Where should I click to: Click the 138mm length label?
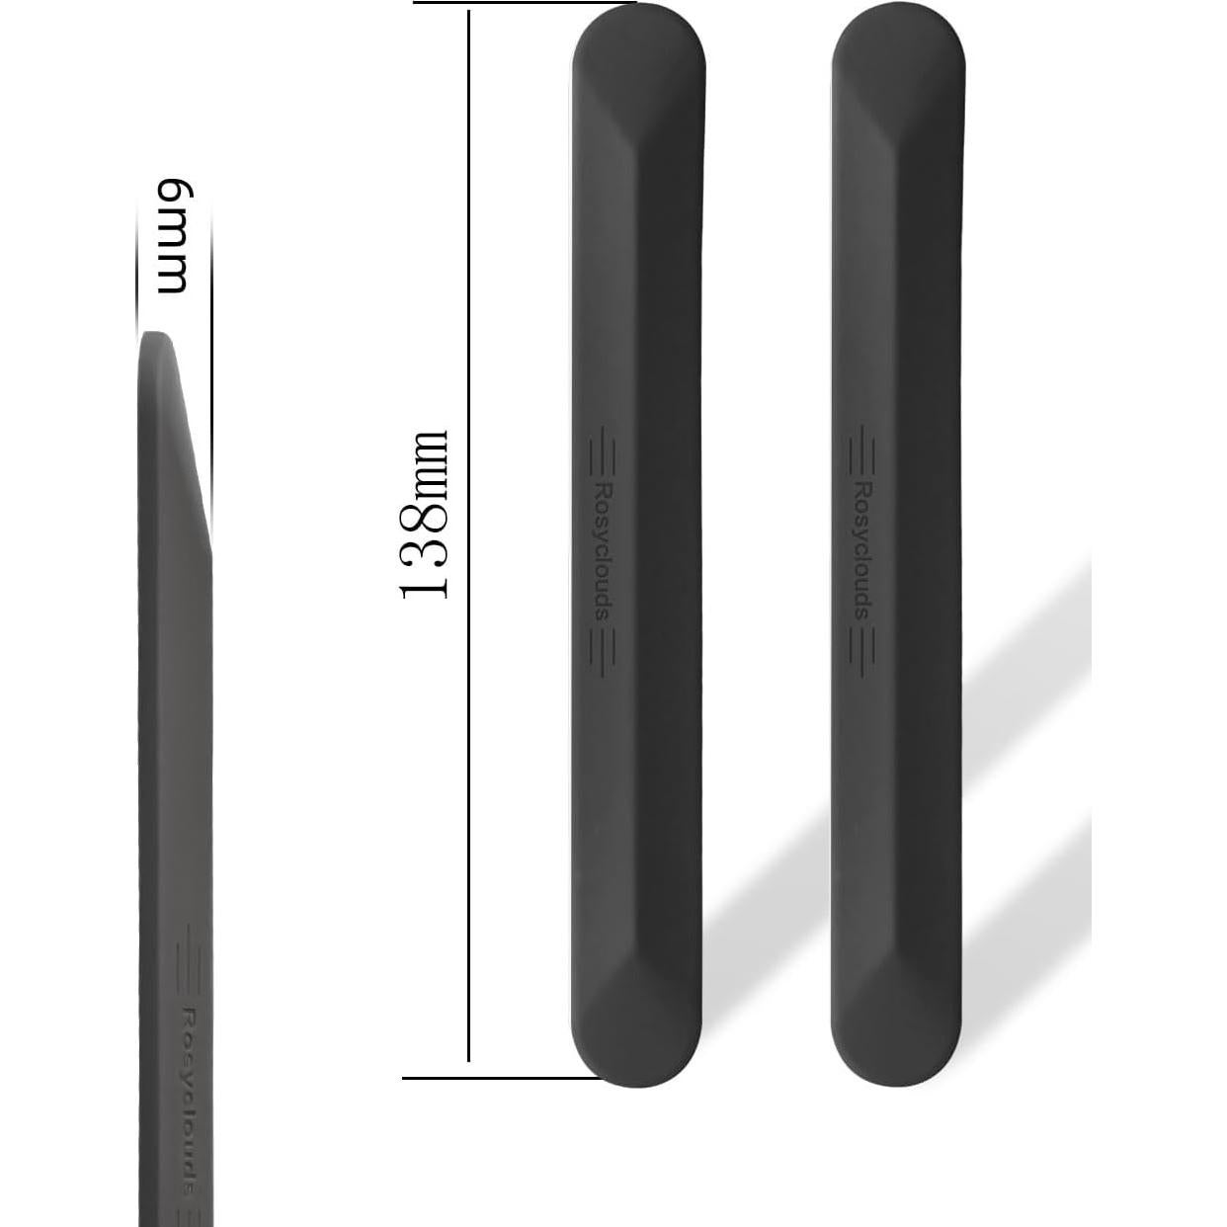coord(425,514)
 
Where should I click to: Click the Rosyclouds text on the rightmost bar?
coord(860,550)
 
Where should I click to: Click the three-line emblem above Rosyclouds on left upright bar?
coord(603,454)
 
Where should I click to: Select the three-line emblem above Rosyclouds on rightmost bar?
coord(860,454)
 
